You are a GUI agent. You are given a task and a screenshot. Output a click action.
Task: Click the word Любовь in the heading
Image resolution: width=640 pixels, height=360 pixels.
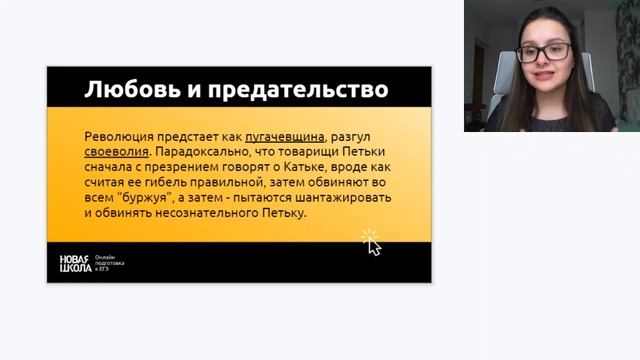pyautogui.click(x=125, y=90)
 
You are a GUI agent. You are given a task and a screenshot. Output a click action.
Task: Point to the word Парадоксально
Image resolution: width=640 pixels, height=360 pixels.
pyautogui.click(x=206, y=152)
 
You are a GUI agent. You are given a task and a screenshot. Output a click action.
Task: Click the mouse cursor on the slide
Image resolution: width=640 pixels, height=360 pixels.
pyautogui.click(x=372, y=242)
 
